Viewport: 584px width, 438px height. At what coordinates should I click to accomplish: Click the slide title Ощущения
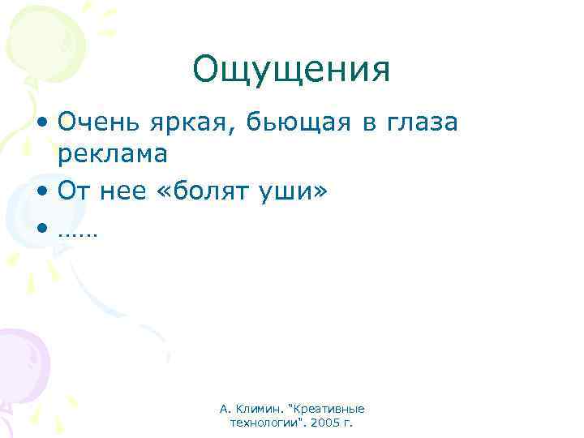291,71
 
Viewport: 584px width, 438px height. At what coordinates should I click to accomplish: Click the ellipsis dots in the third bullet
78,233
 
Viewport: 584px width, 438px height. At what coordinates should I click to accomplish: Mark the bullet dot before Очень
41,124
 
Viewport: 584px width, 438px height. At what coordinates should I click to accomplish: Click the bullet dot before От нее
41,193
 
